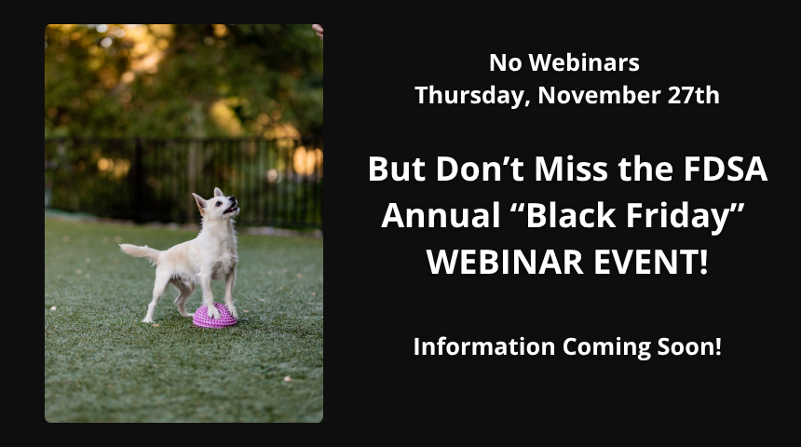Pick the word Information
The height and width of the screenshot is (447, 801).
pyautogui.click(x=483, y=346)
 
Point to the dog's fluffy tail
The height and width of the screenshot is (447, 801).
pyautogui.click(x=140, y=251)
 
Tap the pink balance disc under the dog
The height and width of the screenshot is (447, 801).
pyautogui.click(x=215, y=318)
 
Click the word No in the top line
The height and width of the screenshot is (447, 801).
pyautogui.click(x=504, y=63)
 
